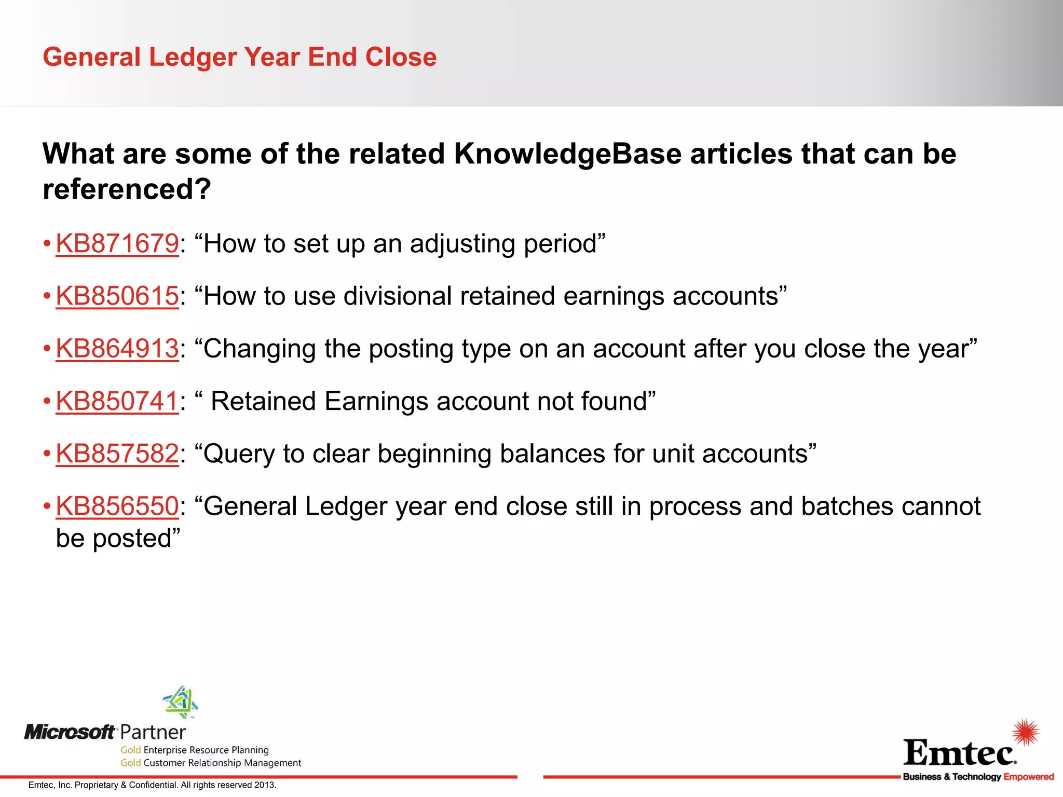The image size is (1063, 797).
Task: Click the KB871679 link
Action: click(117, 244)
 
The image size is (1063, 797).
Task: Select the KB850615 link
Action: click(117, 296)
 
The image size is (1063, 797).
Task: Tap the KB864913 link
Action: click(117, 349)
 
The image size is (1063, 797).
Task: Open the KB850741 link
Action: click(117, 401)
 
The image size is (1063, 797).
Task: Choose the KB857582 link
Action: click(117, 454)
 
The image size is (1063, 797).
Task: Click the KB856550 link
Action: click(117, 506)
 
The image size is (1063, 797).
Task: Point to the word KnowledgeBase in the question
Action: click(567, 154)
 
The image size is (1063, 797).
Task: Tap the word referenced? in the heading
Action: click(127, 189)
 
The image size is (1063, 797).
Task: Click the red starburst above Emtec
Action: click(1025, 732)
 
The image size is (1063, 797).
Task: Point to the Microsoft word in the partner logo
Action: click(70, 732)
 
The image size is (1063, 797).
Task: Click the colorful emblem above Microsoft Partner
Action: click(180, 702)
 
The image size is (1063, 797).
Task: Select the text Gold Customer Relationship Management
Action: click(211, 763)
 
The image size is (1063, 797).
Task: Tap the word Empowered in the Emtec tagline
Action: click(1028, 777)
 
